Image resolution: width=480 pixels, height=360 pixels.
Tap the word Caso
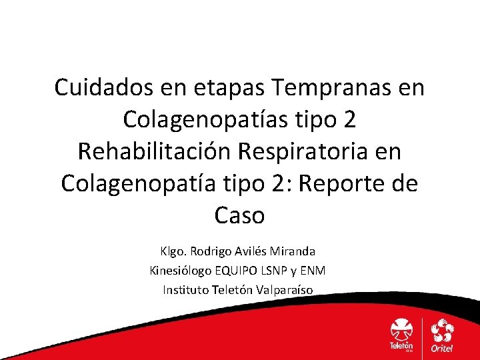[x=240, y=215]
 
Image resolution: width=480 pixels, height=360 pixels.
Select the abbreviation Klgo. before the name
[x=173, y=252]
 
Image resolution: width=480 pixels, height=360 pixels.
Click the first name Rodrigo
[x=210, y=252]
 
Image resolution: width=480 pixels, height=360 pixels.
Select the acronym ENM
[x=316, y=271]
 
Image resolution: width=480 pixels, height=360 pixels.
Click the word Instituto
[x=185, y=289]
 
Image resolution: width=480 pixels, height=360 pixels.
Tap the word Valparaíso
[x=287, y=289]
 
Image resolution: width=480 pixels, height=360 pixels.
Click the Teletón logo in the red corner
[x=401, y=335]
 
